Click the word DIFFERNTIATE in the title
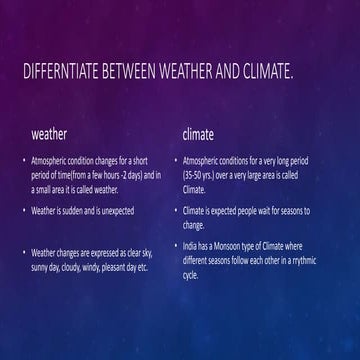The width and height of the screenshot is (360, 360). (x=60, y=74)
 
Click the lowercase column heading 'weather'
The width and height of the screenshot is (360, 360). (x=50, y=132)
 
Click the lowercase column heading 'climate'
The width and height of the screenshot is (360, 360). (x=198, y=132)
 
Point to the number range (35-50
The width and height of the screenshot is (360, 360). (x=193, y=173)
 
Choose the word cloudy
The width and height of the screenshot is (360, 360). (x=82, y=267)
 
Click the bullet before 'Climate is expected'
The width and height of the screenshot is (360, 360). (x=174, y=212)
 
